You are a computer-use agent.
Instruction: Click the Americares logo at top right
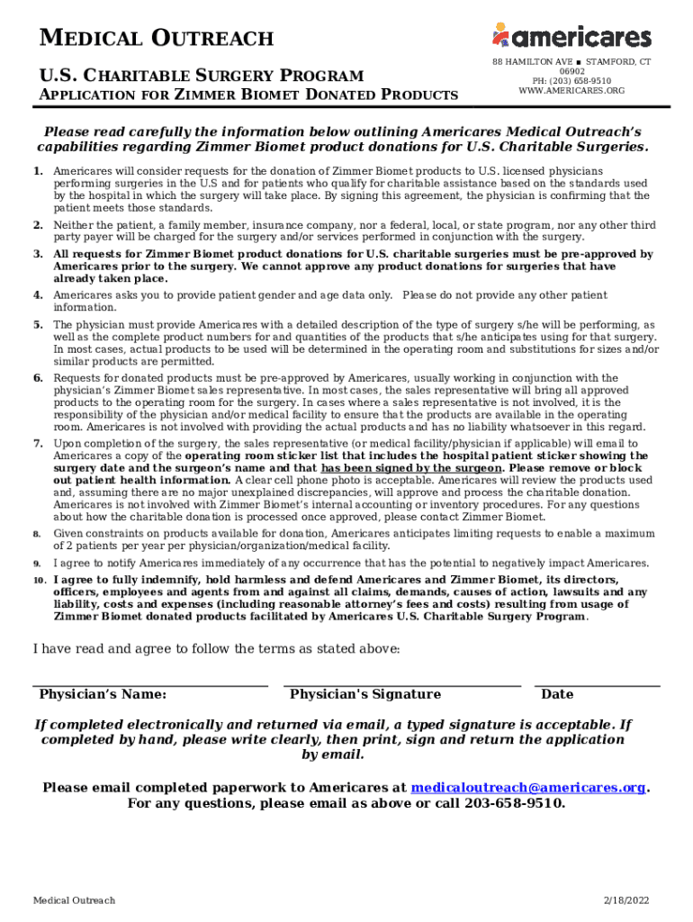click(x=571, y=36)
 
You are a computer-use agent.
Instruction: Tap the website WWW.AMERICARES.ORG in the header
click(x=571, y=91)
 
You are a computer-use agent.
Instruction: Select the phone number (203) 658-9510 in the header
click(x=571, y=81)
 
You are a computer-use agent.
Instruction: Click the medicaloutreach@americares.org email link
click(x=528, y=788)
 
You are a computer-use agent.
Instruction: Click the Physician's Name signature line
click(x=150, y=685)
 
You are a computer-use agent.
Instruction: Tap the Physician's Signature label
click(x=365, y=694)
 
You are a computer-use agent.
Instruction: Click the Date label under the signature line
click(x=557, y=694)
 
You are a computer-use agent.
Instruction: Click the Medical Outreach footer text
click(x=74, y=901)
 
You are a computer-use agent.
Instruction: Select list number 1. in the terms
click(x=38, y=170)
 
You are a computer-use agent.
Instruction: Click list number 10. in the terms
click(x=40, y=580)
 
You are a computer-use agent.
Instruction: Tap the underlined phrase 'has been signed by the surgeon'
click(x=411, y=468)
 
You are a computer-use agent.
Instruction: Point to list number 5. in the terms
click(x=38, y=324)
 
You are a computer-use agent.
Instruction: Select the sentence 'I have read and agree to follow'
click(x=216, y=649)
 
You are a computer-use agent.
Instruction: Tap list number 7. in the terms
click(x=38, y=444)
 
